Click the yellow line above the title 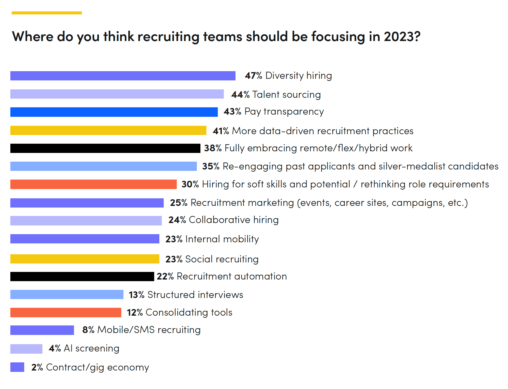[x=47, y=13]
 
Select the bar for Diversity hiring [x=123, y=76]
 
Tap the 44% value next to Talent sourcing [x=240, y=95]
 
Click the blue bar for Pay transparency [x=114, y=112]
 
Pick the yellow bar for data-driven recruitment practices [x=108, y=130]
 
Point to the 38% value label [x=213, y=148]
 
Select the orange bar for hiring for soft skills [x=93, y=184]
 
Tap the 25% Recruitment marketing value [x=178, y=203]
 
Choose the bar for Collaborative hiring [x=86, y=221]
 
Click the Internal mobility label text [x=222, y=239]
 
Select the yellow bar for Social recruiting [x=85, y=259]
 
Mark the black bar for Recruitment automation [x=82, y=277]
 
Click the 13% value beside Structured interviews [x=136, y=295]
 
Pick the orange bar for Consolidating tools [x=66, y=312]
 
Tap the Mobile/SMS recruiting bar [x=42, y=330]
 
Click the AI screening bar [x=26, y=349]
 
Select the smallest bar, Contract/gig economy [x=17, y=367]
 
